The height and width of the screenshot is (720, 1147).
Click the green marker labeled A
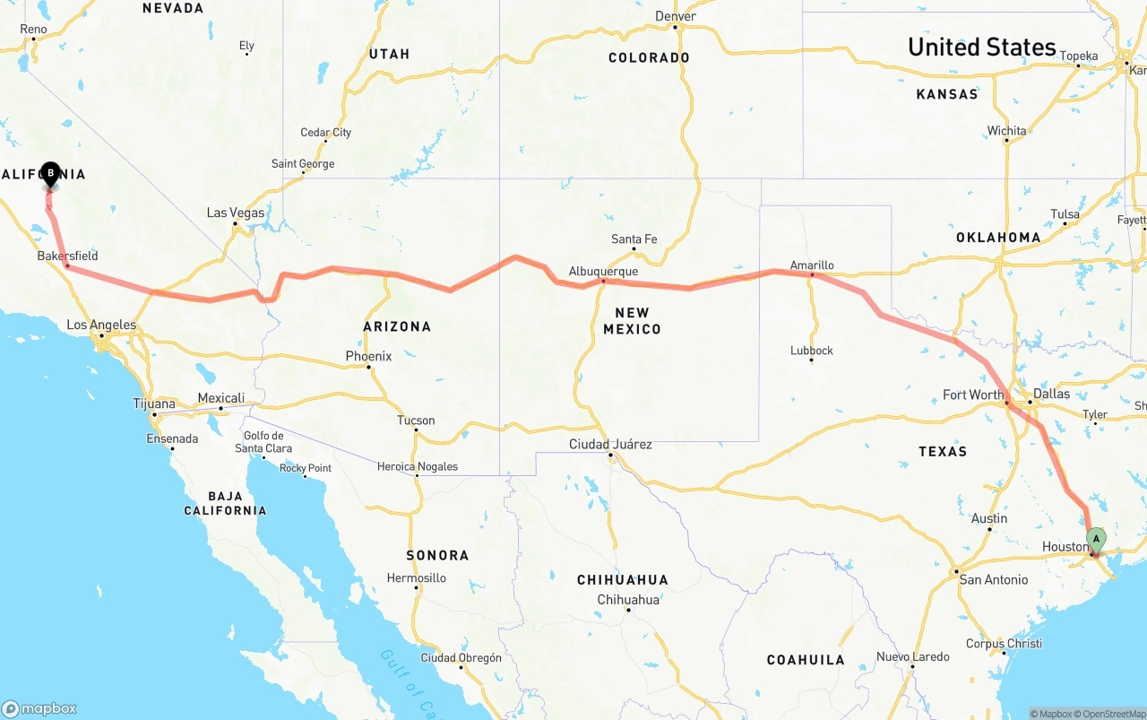tap(1095, 539)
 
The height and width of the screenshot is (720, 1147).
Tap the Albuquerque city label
tap(603, 271)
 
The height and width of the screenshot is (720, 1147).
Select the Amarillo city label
tap(812, 265)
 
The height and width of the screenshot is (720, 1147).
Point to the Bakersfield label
tap(67, 256)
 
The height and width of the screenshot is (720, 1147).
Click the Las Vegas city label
tap(236, 213)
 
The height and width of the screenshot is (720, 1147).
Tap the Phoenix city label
tap(368, 356)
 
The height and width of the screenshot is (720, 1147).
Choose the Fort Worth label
tap(973, 395)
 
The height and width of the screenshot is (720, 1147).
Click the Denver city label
tap(675, 16)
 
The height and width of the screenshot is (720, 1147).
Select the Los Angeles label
tap(101, 325)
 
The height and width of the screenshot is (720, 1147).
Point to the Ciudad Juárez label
tap(610, 444)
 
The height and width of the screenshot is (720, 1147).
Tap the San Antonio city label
tap(994, 579)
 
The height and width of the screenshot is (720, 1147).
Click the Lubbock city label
tap(811, 350)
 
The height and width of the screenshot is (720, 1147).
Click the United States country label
tap(981, 47)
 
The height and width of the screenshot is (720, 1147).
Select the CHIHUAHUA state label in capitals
tap(622, 579)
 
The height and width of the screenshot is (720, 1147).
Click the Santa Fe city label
tap(634, 239)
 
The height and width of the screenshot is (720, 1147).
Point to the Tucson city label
tap(416, 420)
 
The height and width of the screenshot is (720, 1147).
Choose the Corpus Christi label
tap(1004, 643)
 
